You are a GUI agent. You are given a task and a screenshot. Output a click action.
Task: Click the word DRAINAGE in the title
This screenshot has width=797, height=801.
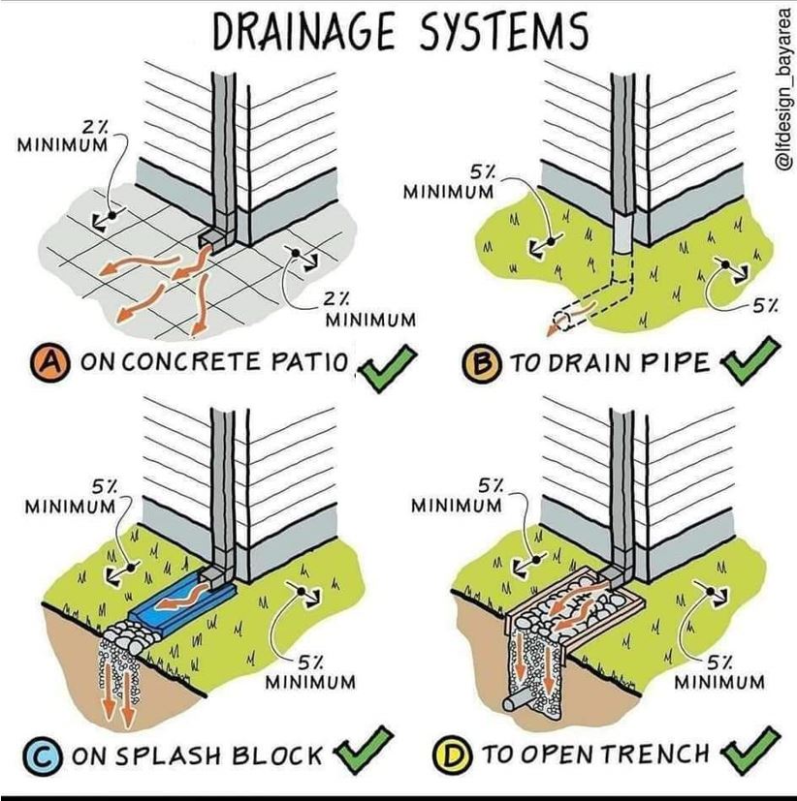pyautogui.click(x=303, y=31)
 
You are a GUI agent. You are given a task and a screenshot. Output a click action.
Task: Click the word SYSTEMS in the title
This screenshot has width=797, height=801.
pyautogui.click(x=504, y=31)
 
